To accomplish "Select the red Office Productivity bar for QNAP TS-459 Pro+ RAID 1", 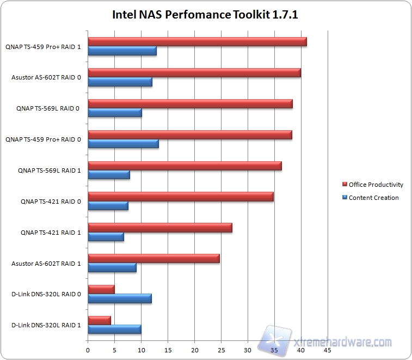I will coord(197,42).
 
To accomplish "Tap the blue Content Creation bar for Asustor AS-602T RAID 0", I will coord(120,82).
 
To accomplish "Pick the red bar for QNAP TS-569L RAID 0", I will coord(190,104).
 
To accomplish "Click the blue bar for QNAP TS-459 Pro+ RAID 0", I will coord(123,144).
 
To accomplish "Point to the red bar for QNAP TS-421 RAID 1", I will coord(160,228).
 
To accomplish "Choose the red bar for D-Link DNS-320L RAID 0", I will coord(101,290).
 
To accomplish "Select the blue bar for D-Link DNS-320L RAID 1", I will coord(114,330).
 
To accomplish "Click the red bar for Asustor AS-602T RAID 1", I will coord(153,259).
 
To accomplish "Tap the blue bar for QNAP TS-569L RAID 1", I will coord(109,175).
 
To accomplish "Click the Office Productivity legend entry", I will coord(376,185).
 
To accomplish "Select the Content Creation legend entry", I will coord(373,198).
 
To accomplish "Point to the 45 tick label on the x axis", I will coord(327,351).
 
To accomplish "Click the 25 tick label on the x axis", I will coord(221,351).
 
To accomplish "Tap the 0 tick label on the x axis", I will coord(88,351).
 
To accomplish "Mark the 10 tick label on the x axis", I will coord(141,351).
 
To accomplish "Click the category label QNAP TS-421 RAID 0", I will coord(51,202).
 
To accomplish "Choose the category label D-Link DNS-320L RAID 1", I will coord(46,326).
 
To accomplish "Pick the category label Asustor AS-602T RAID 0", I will coord(46,77).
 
